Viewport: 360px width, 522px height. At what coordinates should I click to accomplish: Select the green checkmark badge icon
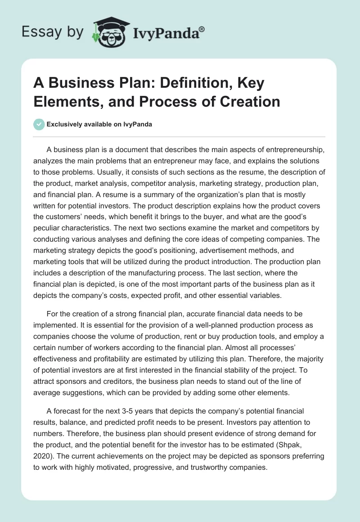(40, 124)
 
